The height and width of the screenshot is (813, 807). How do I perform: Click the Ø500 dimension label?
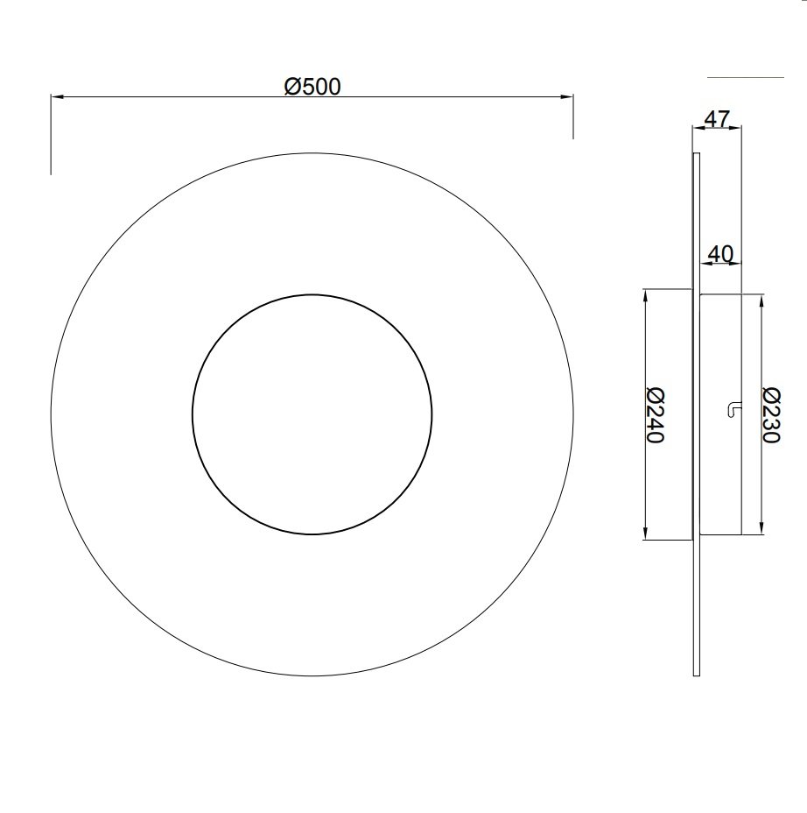312,86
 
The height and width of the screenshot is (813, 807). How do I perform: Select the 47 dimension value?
718,119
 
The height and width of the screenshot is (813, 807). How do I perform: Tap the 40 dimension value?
720,254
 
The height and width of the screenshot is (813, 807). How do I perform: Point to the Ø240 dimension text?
656,414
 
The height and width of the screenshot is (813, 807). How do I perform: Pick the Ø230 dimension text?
771,414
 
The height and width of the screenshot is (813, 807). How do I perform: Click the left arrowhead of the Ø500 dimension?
57,96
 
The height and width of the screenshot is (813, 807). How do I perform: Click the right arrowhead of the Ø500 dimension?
567,96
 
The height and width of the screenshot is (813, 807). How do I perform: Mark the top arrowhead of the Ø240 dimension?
645,295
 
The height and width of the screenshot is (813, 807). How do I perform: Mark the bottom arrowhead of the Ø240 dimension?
645,534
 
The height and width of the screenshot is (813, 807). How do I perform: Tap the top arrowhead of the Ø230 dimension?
761,300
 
